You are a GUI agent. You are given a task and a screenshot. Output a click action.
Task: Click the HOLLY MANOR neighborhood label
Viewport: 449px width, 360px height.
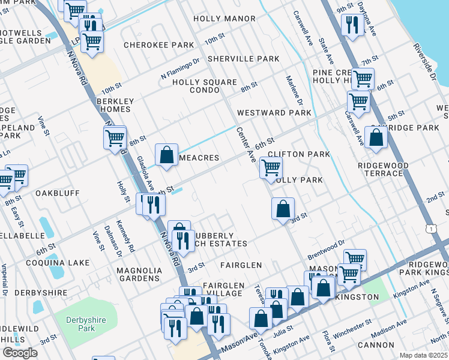pyautogui.click(x=225, y=19)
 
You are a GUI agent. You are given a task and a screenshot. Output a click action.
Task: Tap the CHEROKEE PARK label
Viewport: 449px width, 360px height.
pyautogui.click(x=159, y=45)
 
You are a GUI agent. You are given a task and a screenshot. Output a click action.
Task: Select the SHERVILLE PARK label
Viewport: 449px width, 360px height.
pyautogui.click(x=243, y=59)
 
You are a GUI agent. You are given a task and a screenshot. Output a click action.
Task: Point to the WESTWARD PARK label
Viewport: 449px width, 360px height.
pyautogui.click(x=274, y=113)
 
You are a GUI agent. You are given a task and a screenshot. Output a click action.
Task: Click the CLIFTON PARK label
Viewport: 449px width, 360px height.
pyautogui.click(x=299, y=154)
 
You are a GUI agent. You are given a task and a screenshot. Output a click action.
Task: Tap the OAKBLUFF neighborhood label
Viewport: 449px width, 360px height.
pyautogui.click(x=58, y=194)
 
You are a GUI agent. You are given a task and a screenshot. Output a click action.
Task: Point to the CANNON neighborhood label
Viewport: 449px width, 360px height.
pyautogui.click(x=375, y=345)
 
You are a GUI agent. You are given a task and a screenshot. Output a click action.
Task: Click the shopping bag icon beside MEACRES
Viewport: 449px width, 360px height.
pyautogui.click(x=166, y=154)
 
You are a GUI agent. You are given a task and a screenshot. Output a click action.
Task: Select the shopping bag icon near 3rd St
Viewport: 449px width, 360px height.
pyautogui.click(x=282, y=209)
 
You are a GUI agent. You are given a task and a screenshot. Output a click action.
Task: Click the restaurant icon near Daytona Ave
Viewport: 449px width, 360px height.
pyautogui.click(x=351, y=25)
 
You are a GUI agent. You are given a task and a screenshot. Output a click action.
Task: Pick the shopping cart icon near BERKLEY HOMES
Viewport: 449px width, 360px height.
pyautogui.click(x=114, y=137)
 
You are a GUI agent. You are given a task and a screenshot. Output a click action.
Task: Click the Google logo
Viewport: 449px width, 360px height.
pyautogui.click(x=20, y=353)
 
